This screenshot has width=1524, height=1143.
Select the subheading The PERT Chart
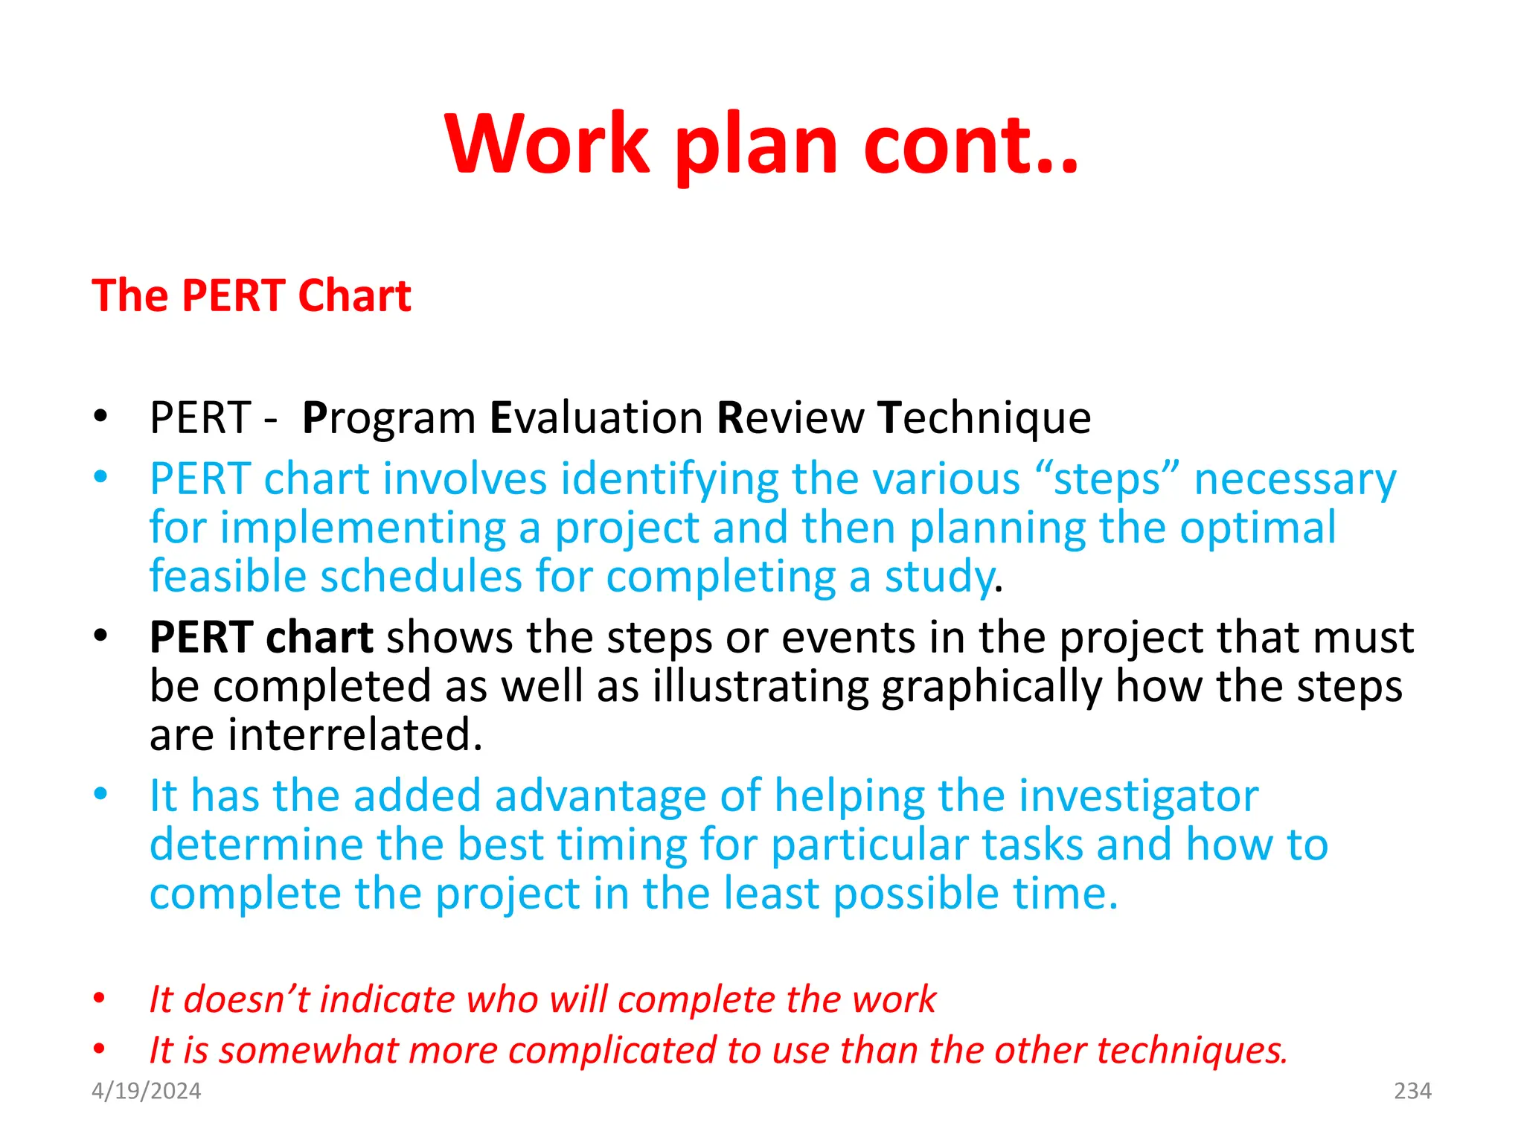(x=252, y=295)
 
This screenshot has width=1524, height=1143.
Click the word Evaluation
(x=596, y=418)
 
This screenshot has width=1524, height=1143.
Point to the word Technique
(x=984, y=418)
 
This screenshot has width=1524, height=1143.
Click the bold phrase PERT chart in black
(x=260, y=638)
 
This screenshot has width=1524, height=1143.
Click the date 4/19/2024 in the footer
(x=146, y=1091)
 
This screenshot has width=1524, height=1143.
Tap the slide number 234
(x=1412, y=1091)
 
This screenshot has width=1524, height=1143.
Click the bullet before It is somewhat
(x=100, y=1049)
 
